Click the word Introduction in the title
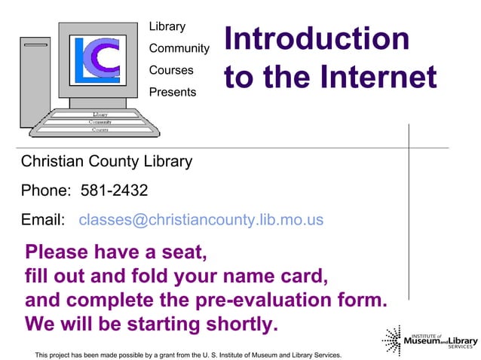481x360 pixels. point(317,39)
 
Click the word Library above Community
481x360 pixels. point(167,26)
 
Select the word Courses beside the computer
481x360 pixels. point(170,70)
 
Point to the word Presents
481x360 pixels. point(172,92)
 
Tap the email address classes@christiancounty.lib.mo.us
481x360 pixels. point(201,220)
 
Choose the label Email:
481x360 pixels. point(42,220)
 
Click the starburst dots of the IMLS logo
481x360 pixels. point(391,340)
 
